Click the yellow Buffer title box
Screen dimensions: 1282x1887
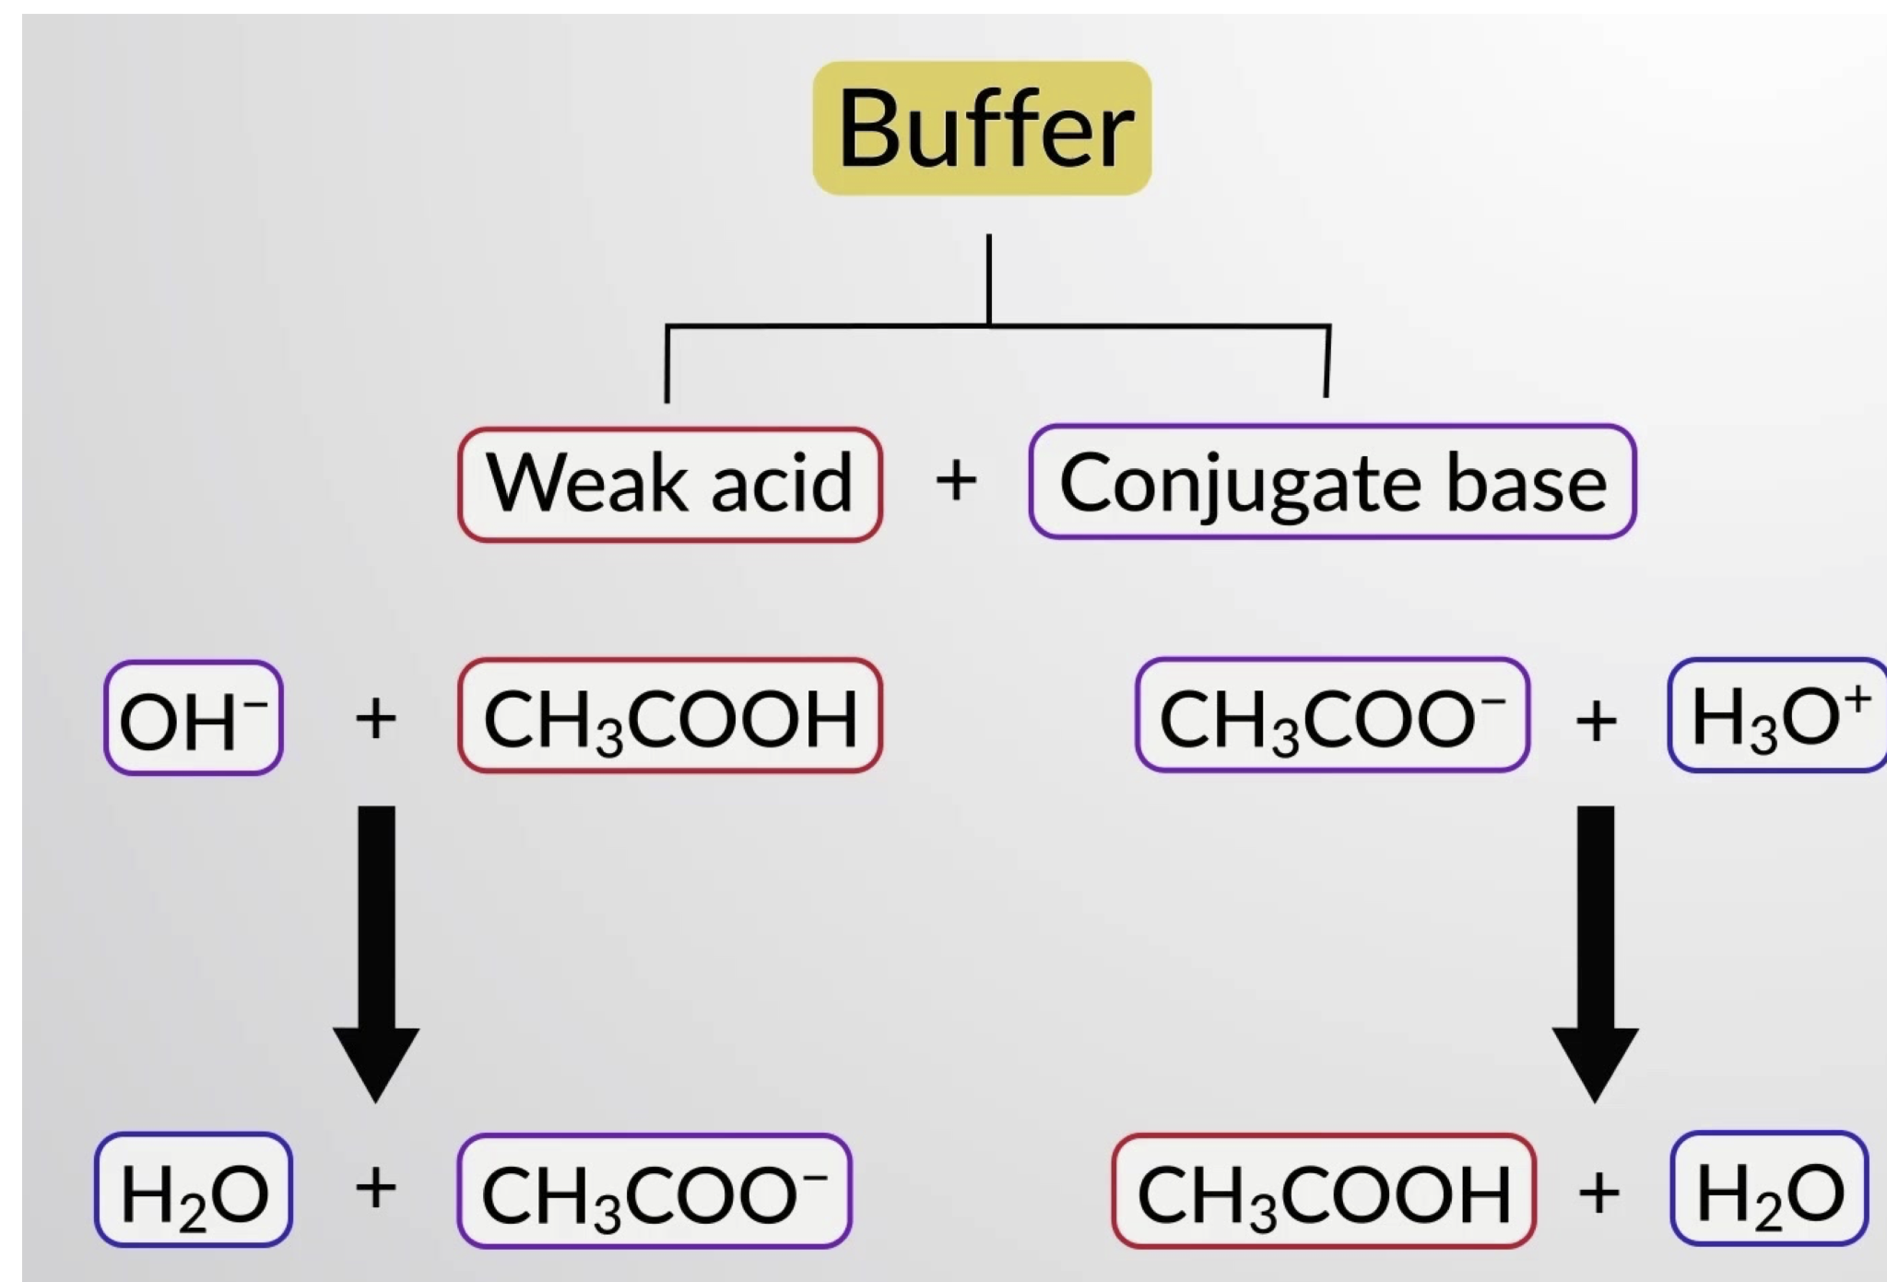982,128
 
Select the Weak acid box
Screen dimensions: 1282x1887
670,484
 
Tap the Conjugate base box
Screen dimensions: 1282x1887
1332,482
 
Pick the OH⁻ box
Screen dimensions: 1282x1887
193,718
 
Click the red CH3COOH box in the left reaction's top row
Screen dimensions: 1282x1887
670,716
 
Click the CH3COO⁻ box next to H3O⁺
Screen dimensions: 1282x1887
1332,716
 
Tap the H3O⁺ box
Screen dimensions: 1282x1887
1777,716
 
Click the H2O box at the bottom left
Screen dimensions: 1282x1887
193,1190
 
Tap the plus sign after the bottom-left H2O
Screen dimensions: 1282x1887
375,1188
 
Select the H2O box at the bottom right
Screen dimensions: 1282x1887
1769,1190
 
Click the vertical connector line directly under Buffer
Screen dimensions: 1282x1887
989,276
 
